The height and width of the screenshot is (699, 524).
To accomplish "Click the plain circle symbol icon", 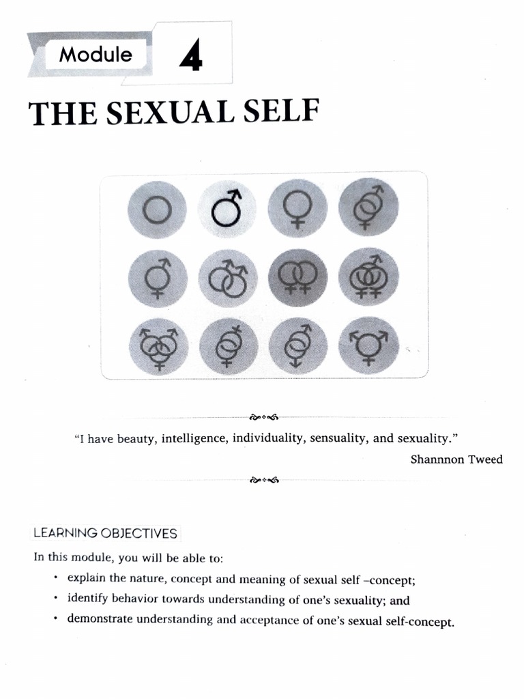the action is pyautogui.click(x=157, y=210).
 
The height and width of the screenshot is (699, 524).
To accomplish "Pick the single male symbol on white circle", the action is pyautogui.click(x=228, y=208).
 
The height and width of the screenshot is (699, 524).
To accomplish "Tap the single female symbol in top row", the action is pyautogui.click(x=298, y=209).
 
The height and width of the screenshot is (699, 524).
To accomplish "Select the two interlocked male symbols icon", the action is pyautogui.click(x=229, y=279).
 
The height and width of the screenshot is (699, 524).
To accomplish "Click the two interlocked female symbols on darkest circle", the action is pyautogui.click(x=297, y=279).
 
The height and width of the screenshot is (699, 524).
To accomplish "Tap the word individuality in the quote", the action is pyautogui.click(x=269, y=438).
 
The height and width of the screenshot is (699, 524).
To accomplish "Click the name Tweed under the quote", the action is pyautogui.click(x=486, y=459).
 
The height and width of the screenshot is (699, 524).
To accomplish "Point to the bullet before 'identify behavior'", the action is pyautogui.click(x=55, y=599).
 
